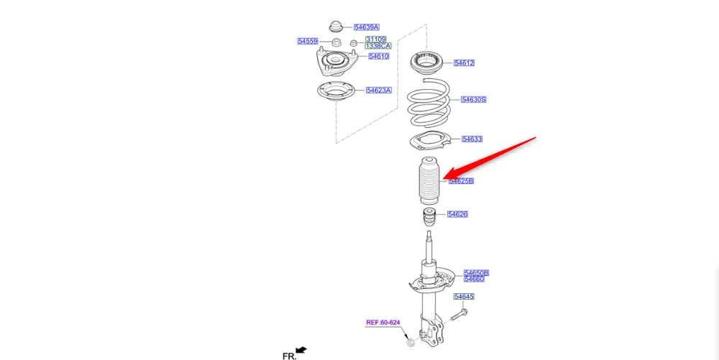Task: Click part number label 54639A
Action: click(x=366, y=27)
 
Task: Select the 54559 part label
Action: click(x=308, y=41)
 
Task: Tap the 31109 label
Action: click(x=375, y=39)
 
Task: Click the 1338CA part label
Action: click(x=377, y=46)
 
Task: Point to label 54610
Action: click(x=379, y=56)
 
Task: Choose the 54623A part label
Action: click(x=378, y=91)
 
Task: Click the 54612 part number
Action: click(x=464, y=63)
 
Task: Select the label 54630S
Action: click(x=474, y=99)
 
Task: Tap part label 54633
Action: click(x=472, y=139)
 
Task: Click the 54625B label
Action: click(x=461, y=181)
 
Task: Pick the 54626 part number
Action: click(x=457, y=214)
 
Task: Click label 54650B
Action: click(x=476, y=272)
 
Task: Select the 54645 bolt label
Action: click(x=464, y=297)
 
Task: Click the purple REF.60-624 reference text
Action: click(x=383, y=323)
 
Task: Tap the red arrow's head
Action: click(x=446, y=176)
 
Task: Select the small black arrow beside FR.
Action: click(x=301, y=350)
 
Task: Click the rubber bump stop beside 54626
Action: click(x=429, y=216)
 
